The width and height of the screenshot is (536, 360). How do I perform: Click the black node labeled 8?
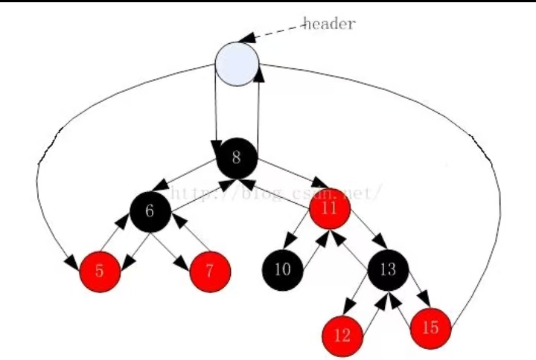click(x=237, y=158)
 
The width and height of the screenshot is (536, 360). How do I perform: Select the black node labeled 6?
click(x=150, y=211)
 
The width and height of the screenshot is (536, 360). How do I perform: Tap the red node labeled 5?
click(x=100, y=271)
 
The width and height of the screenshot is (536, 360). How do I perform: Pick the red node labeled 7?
click(x=210, y=271)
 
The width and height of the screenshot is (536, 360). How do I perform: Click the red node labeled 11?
click(x=330, y=209)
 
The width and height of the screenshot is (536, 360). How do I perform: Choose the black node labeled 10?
click(x=283, y=269)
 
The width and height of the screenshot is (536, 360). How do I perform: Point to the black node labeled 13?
click(x=387, y=268)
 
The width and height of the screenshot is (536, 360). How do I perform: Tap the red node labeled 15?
click(x=430, y=327)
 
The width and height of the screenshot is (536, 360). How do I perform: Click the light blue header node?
click(x=237, y=63)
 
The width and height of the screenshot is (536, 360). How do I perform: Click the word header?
click(x=329, y=23)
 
